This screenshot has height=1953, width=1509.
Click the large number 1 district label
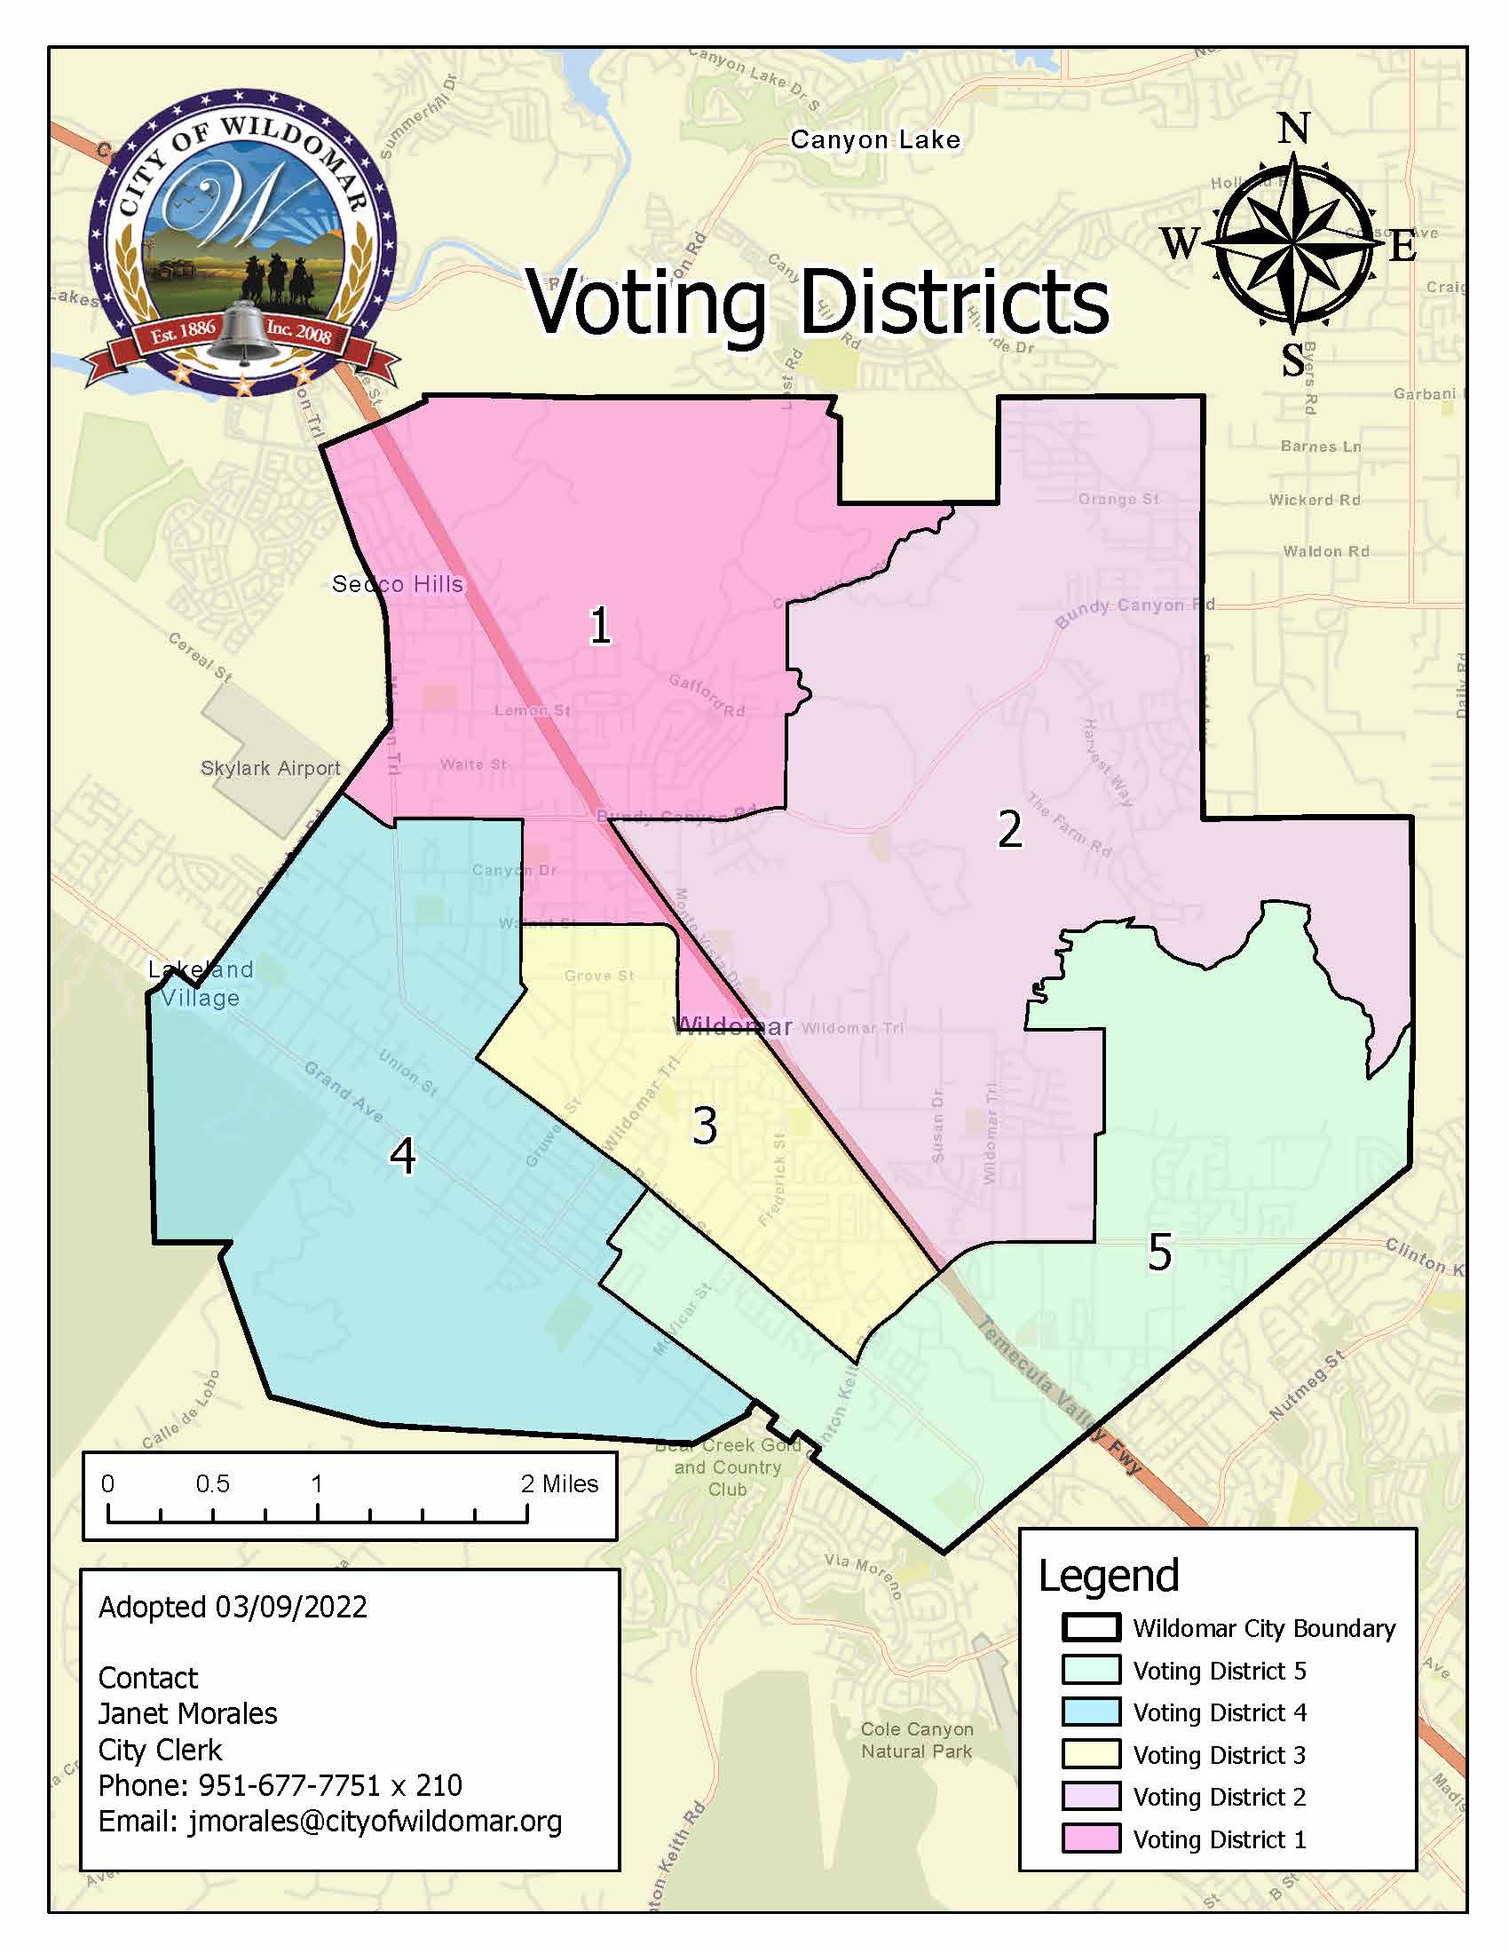[600, 625]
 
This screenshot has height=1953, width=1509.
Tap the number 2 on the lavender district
[1009, 829]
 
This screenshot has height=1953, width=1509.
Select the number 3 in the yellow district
[705, 1126]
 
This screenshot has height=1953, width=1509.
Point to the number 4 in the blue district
[402, 1155]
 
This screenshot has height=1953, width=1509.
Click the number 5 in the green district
[1159, 1252]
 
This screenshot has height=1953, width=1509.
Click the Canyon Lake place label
[875, 140]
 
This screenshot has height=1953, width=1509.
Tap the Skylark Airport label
[270, 768]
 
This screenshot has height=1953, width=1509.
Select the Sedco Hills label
[397, 584]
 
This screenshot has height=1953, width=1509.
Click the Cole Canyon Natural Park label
[916, 1740]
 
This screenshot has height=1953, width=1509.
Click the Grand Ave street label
[344, 1091]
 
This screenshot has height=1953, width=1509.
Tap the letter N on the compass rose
[1293, 129]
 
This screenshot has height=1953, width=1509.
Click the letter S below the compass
[1292, 360]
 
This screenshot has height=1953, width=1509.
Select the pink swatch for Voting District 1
[1091, 1839]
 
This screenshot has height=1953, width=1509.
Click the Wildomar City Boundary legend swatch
[1091, 1628]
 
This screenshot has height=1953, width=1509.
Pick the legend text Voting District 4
[1220, 1712]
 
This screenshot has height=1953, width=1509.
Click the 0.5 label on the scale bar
[212, 1483]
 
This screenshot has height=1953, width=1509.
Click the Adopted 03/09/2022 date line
[233, 1607]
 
